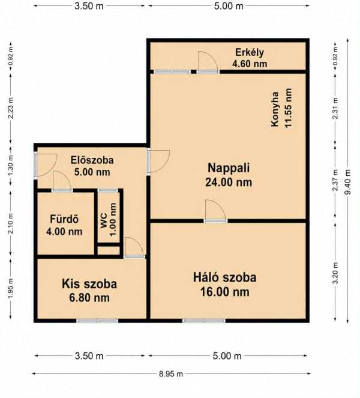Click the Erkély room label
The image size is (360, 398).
[x=250, y=52]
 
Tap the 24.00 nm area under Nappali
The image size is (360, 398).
[x=229, y=182]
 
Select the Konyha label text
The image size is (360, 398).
[x=275, y=109]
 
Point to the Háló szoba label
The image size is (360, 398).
[x=224, y=277]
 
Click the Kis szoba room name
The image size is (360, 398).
[x=89, y=284]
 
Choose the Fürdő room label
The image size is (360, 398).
[x=64, y=219]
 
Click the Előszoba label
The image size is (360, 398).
[x=92, y=160]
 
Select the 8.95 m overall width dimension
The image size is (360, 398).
[x=171, y=373]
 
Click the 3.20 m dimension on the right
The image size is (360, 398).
[x=335, y=273]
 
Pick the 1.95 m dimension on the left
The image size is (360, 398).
[x=10, y=289]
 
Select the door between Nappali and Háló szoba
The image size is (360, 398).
[x=215, y=211]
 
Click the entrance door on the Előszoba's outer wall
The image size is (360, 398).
[x=46, y=165]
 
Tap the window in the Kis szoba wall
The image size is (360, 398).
[x=97, y=321]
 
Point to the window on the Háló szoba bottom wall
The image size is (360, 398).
[x=204, y=321]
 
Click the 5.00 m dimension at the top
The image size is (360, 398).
[x=229, y=6]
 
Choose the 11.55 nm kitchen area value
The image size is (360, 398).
[x=288, y=108]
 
